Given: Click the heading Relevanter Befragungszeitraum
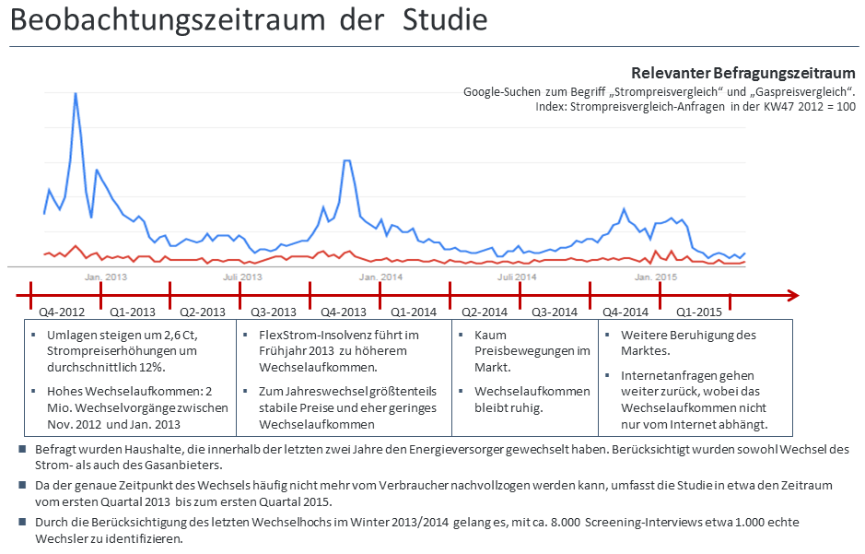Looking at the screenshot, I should [x=742, y=74].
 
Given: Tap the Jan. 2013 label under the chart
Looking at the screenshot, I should [x=106, y=277].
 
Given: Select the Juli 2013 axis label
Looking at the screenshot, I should [x=243, y=277].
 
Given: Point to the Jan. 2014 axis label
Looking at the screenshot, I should [x=380, y=277].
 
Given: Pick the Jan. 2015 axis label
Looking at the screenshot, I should [x=655, y=277].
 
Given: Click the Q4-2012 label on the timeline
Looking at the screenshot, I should [x=63, y=312].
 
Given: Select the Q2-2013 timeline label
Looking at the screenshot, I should [x=203, y=312].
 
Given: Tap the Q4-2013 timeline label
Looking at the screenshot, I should [x=343, y=312].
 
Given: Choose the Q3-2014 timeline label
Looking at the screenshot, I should [x=553, y=312].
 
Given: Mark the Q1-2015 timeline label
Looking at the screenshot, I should [x=698, y=312].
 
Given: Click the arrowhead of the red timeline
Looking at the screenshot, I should [x=792, y=295].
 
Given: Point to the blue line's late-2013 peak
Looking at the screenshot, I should [x=346, y=161].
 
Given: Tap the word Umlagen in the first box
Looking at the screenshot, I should [x=71, y=335].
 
